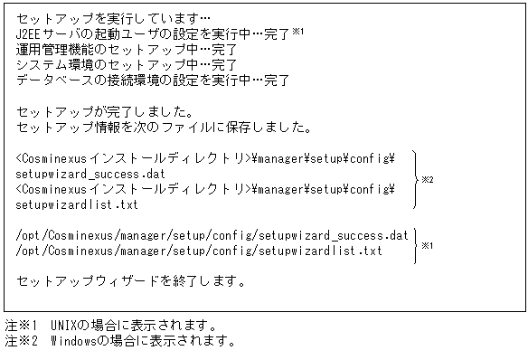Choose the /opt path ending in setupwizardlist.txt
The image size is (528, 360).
click(199, 250)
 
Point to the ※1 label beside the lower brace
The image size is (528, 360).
click(428, 243)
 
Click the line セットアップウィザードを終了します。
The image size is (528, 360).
click(131, 281)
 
